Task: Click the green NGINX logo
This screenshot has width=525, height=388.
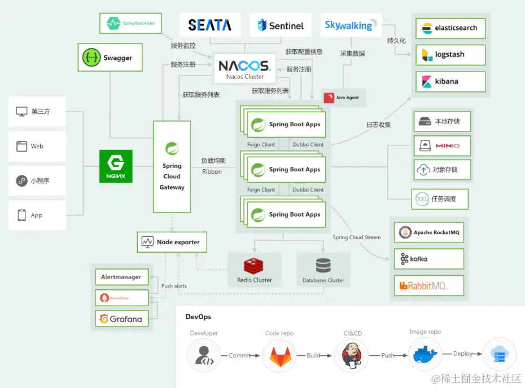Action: [x=116, y=166]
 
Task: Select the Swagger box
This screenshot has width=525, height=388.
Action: [x=110, y=58]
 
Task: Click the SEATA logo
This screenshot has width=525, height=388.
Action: [x=209, y=25]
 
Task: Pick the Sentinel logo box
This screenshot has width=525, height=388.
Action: [x=281, y=25]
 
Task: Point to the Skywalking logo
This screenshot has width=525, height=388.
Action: [x=348, y=25]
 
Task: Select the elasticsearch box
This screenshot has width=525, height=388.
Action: [x=450, y=28]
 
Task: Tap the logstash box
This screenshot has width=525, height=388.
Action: [x=450, y=55]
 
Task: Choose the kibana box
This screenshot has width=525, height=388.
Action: [x=450, y=82]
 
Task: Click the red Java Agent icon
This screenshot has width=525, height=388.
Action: [x=329, y=98]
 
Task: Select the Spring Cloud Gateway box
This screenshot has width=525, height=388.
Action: [x=172, y=167]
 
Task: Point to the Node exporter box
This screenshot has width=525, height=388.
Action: [x=172, y=242]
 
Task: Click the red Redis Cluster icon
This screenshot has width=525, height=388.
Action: [x=254, y=266]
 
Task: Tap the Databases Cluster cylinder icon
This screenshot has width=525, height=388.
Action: [x=323, y=265]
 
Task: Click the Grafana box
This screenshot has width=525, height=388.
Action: [x=121, y=319]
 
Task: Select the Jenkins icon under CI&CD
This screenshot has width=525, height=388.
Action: [x=352, y=354]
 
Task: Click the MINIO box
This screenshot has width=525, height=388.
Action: [x=441, y=145]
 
